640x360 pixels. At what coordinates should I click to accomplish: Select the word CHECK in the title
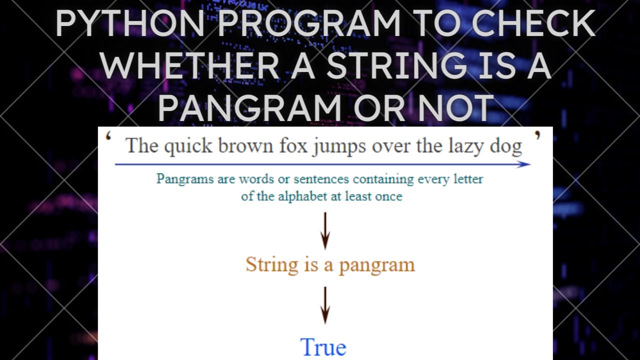point(534,23)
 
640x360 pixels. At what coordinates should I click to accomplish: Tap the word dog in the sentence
point(506,147)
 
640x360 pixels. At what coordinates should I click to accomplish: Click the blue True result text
point(323,347)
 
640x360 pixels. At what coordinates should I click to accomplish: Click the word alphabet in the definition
point(299,196)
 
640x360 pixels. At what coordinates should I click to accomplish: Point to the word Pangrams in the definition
point(185,179)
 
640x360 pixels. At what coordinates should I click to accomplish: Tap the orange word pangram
point(377,265)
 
